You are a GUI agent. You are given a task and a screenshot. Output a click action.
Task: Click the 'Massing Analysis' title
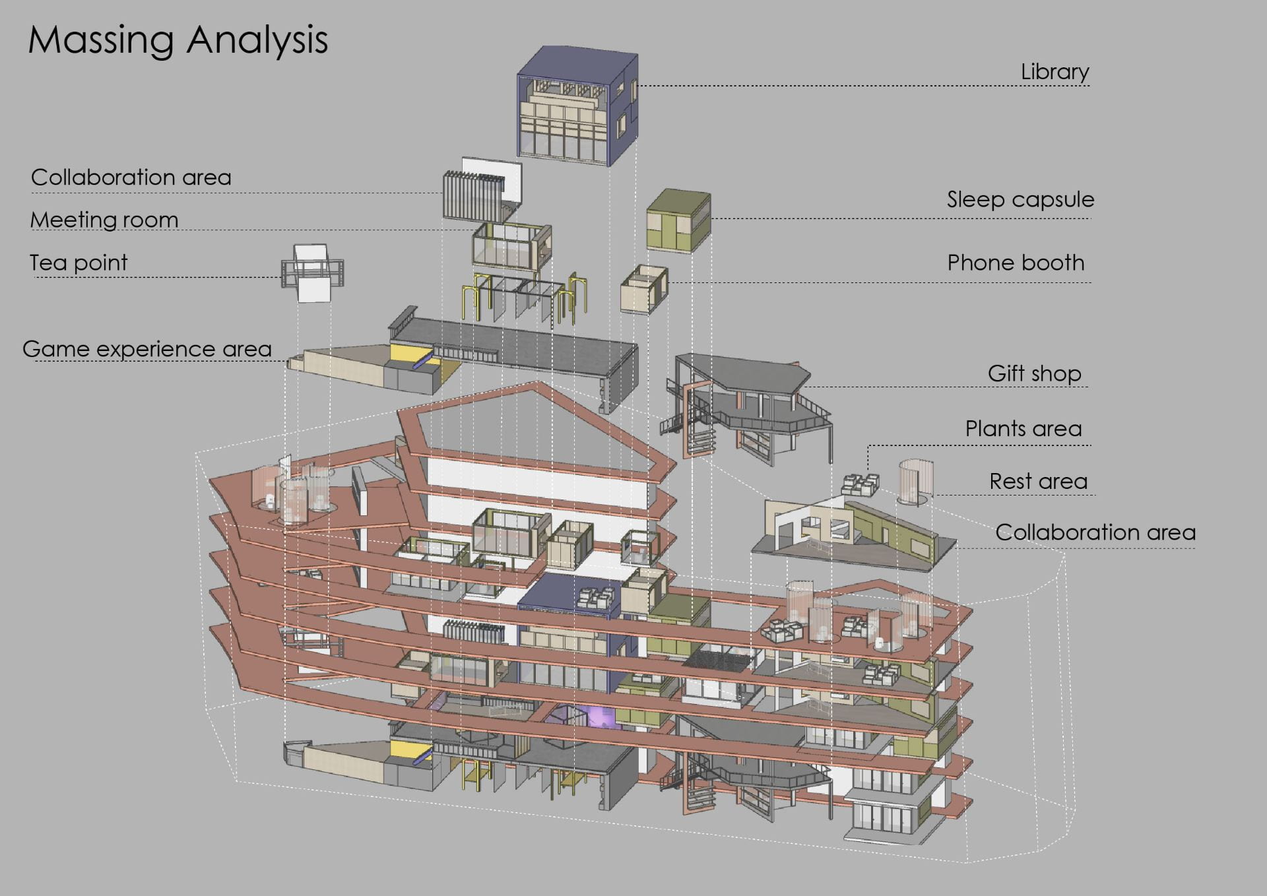[178, 40]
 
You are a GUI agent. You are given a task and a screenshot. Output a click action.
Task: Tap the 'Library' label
[1055, 72]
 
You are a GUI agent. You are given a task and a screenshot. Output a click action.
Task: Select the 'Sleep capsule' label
[1020, 199]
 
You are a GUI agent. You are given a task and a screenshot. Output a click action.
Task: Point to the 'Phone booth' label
[1016, 263]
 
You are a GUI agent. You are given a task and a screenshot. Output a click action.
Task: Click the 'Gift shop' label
[1034, 373]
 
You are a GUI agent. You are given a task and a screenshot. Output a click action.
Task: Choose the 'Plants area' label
[1023, 429]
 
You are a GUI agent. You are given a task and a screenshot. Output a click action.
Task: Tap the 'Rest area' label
[1038, 481]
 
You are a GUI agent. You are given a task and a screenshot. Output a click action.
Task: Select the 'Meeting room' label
[104, 220]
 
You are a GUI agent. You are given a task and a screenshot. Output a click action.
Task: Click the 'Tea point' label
[79, 263]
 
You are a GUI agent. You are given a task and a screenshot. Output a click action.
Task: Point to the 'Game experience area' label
[147, 349]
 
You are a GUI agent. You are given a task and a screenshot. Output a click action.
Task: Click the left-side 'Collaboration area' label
[131, 177]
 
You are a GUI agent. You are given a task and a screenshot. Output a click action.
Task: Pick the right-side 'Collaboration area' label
[1095, 532]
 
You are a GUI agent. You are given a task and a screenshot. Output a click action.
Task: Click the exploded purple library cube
[577, 106]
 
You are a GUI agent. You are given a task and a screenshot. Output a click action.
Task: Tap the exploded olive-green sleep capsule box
[678, 220]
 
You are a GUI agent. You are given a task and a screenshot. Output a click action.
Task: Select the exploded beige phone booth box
[644, 290]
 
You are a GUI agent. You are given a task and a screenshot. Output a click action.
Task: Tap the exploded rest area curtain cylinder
[915, 482]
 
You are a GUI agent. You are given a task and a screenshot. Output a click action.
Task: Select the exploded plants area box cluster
[860, 485]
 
